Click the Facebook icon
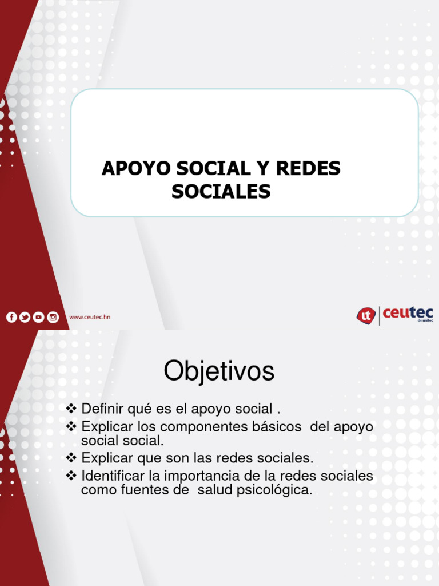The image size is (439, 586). [11, 317]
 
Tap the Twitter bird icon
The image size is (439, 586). [25, 317]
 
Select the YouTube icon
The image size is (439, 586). [38, 317]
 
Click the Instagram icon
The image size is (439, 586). [53, 317]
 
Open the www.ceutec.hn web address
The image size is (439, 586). [90, 317]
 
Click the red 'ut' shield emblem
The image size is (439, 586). [366, 315]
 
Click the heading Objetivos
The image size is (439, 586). [219, 372]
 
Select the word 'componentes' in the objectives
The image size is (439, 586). [202, 426]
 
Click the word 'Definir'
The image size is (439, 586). [102, 409]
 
